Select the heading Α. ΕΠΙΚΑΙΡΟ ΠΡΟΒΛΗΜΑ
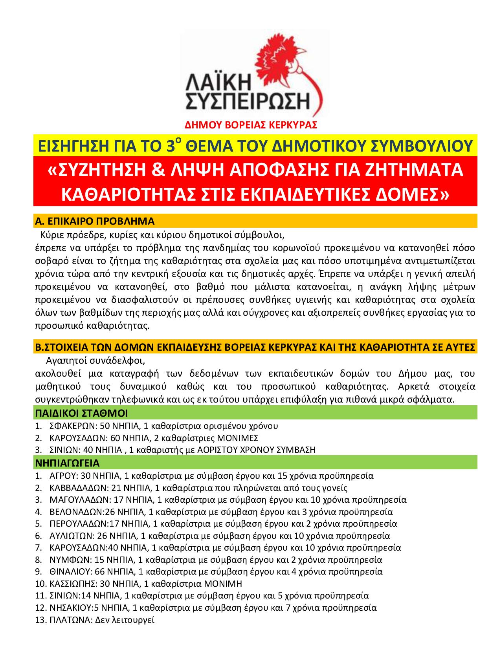pos(95,221)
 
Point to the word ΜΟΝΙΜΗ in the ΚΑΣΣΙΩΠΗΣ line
pos(223,583)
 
